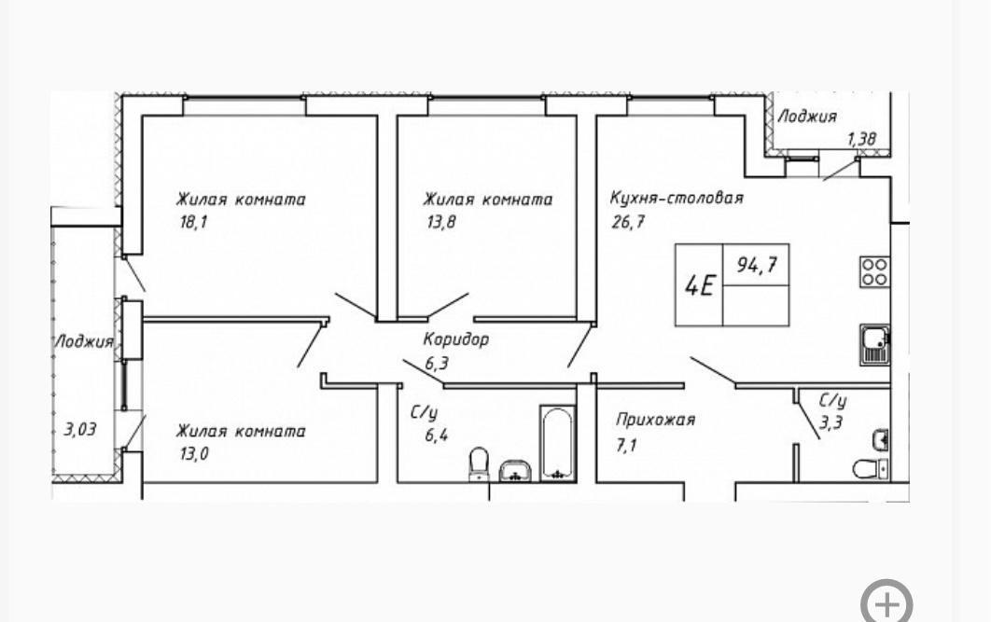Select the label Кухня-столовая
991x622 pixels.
pyautogui.click(x=677, y=198)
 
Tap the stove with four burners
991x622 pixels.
pyautogui.click(x=874, y=271)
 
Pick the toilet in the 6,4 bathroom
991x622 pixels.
pyautogui.click(x=479, y=463)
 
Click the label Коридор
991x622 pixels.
pyautogui.click(x=455, y=339)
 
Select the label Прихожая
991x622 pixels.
pyautogui.click(x=655, y=420)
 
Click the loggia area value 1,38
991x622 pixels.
pyautogui.click(x=861, y=140)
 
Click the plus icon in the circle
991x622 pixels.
pyautogui.click(x=886, y=601)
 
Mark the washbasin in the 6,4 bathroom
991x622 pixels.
pyautogui.click(x=515, y=470)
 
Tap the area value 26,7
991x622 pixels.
pyautogui.click(x=628, y=222)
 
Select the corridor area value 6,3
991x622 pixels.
pyautogui.click(x=436, y=364)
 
